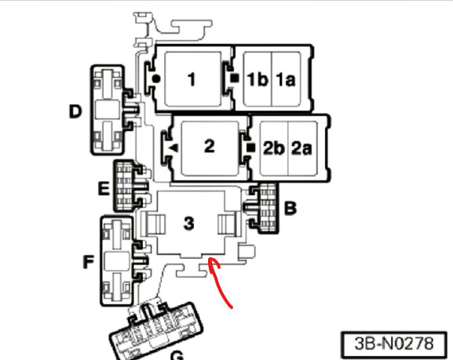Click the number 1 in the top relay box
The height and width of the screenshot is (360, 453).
192,79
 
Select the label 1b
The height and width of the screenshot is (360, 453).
258,79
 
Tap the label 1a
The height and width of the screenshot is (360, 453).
286,80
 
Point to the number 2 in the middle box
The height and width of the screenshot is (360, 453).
210,146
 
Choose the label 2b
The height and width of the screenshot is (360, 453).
274,148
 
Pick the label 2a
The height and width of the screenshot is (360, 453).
302,148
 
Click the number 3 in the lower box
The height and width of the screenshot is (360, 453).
189,224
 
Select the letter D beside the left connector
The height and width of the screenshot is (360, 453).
75,111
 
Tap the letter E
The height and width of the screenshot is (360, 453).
104,189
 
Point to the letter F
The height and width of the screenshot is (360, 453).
89,262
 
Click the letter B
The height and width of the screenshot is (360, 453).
290,208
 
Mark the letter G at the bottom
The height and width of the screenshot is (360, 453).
177,355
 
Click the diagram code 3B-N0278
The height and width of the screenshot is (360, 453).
394,344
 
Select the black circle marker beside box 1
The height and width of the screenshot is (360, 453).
156,78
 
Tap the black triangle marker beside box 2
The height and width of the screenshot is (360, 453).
174,148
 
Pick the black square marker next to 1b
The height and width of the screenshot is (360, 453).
235,78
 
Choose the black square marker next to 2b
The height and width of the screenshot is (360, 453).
251,147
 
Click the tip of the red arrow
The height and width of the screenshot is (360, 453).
209,258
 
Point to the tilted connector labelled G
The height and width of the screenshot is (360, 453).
156,330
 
